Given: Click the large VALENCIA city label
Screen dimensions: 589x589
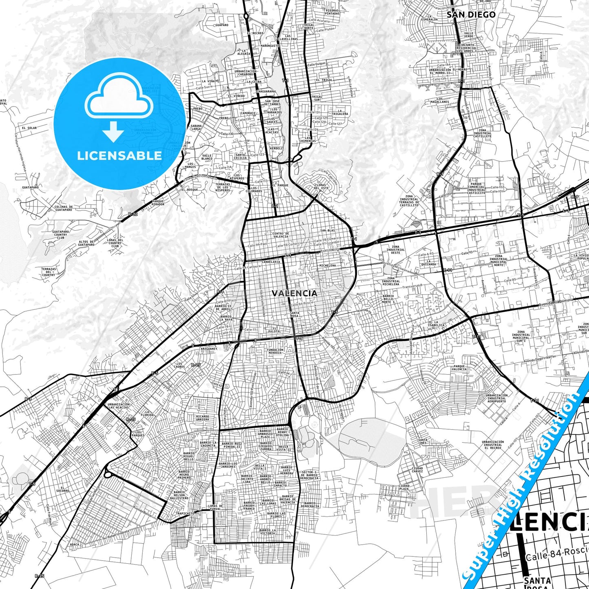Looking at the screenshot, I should pos(294,293).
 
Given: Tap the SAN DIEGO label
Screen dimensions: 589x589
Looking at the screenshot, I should pos(471,15).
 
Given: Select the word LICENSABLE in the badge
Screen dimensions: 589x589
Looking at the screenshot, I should pos(119,155).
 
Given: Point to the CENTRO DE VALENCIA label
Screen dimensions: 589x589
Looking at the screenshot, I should pos(280,235).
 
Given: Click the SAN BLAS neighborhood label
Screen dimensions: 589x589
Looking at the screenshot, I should pos(327,231).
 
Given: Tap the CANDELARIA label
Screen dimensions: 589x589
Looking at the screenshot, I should pos(271,262).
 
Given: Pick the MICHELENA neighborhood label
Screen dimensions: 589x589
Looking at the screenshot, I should pos(327,265).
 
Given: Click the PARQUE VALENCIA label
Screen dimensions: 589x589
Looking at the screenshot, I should pos(459,368).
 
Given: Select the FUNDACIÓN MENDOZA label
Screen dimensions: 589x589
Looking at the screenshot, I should pos(275,351).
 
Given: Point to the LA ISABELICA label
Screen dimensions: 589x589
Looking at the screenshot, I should pos(439,324).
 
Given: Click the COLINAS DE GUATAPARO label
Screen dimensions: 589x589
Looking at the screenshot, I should pos(63,208).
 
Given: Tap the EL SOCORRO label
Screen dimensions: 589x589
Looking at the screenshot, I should pos(63,489).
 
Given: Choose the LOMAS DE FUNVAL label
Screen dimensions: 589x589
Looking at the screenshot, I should pos(215,507).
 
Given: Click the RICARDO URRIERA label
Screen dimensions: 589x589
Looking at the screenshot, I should pos(203,418).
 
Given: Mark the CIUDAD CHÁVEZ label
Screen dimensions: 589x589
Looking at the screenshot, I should pos(417,470).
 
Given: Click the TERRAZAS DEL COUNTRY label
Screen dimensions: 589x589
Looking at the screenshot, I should pos(49,272).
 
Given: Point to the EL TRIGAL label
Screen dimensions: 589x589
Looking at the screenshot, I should pos(324,80).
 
